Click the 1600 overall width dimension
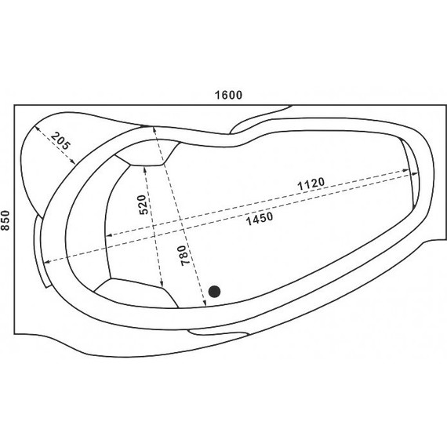click(228, 95)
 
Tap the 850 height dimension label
click(5, 220)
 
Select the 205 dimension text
click(60, 141)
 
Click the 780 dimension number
click(185, 256)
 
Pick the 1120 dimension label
click(311, 184)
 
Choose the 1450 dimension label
click(260, 218)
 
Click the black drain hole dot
click(214, 292)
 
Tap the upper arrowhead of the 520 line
click(145, 169)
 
